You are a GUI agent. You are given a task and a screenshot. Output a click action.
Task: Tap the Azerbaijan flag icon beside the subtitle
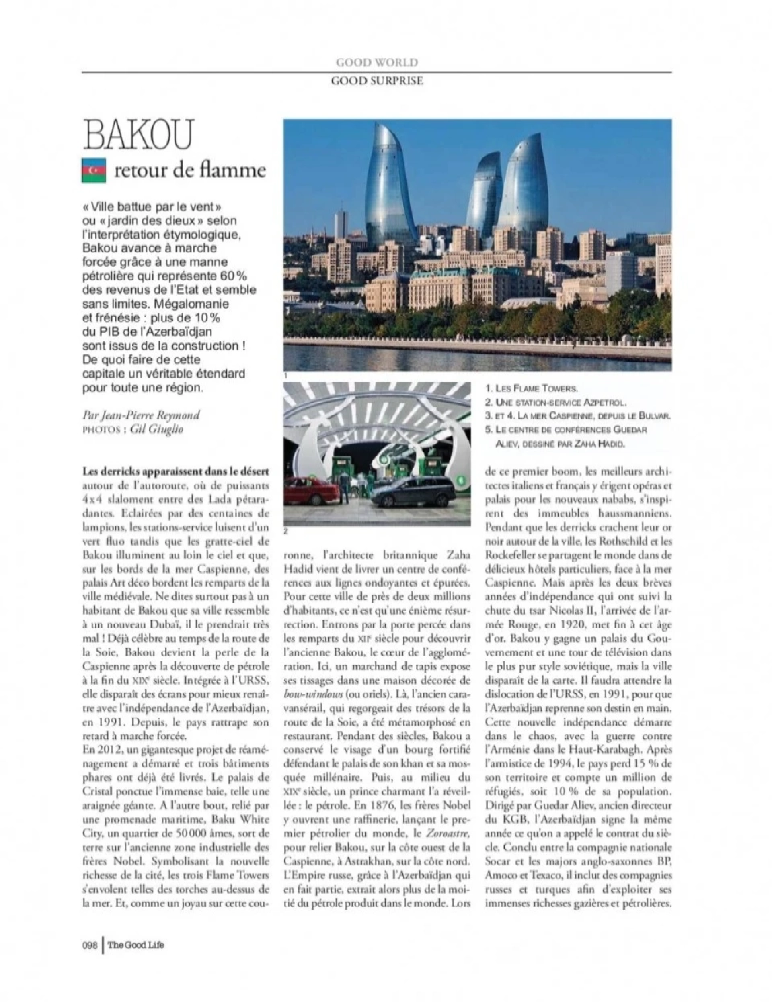[94, 170]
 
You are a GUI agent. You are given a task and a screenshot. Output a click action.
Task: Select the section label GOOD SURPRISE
[376, 80]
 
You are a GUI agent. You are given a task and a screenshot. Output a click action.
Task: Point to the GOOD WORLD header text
[376, 62]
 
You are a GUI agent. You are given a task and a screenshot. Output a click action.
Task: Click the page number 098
[89, 945]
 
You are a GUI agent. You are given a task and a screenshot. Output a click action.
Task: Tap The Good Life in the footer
[136, 945]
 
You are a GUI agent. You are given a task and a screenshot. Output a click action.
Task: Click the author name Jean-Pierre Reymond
[149, 415]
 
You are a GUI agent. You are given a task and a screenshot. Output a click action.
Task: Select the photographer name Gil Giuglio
[157, 429]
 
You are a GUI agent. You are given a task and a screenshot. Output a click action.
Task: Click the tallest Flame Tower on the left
[389, 189]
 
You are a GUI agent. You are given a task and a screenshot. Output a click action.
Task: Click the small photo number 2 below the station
[285, 531]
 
